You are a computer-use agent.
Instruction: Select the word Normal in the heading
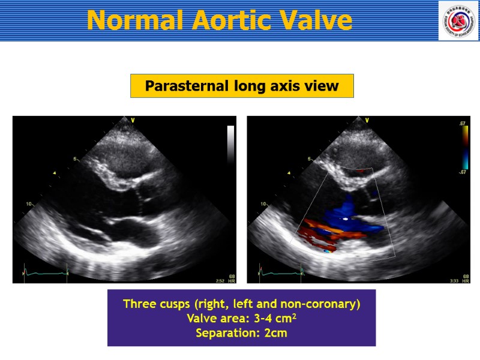[136, 20]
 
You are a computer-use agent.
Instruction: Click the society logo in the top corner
[458, 20]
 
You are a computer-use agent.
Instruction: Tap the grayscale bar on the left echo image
[230, 144]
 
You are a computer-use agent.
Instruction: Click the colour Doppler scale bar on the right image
[463, 148]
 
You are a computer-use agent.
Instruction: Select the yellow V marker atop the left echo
[133, 121]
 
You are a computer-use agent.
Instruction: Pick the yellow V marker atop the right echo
[367, 121]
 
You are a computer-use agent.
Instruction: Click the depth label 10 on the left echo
[28, 204]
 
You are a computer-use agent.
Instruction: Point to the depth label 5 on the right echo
[310, 160]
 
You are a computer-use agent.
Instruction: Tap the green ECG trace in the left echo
[45, 273]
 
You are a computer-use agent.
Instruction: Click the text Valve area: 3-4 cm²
[241, 319]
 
